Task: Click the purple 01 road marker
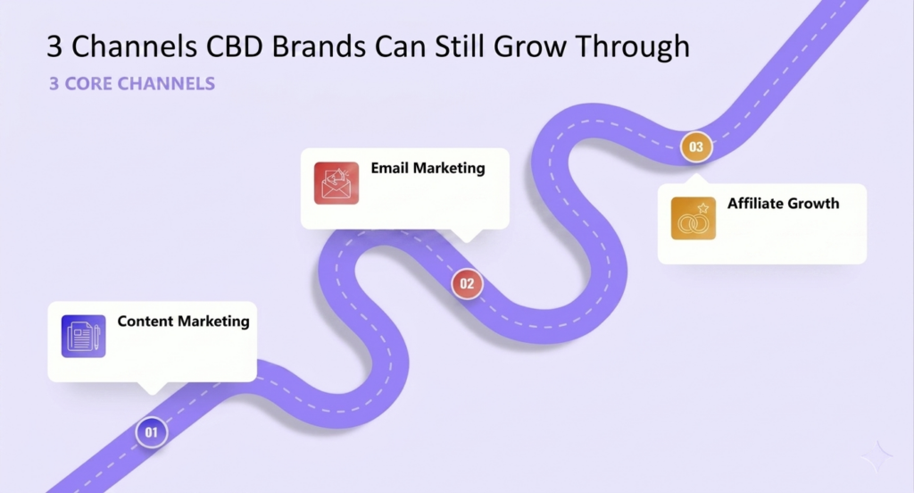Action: click(152, 432)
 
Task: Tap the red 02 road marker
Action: click(467, 283)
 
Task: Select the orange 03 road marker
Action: click(696, 146)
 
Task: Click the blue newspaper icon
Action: click(83, 336)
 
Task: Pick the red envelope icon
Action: click(337, 183)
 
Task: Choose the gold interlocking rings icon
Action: click(693, 218)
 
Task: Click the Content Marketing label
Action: click(183, 322)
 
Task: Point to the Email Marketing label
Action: click(428, 168)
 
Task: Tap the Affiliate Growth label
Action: click(784, 204)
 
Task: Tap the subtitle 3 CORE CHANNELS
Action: click(132, 83)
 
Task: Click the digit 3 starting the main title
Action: click(54, 46)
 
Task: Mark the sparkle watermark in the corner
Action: click(877, 456)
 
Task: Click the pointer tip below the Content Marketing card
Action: click(152, 395)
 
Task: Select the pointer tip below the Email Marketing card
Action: click(467, 241)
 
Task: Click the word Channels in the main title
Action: click(134, 46)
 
